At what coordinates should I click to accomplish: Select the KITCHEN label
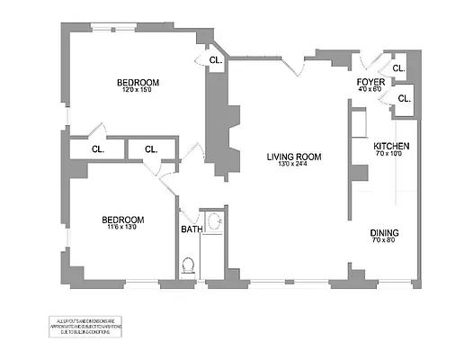click(392, 146)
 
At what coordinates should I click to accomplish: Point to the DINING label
click(384, 233)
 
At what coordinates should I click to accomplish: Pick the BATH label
click(192, 229)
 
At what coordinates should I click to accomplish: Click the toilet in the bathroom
click(188, 265)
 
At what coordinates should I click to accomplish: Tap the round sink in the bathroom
click(215, 221)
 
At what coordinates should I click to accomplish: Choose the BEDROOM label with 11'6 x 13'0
click(121, 220)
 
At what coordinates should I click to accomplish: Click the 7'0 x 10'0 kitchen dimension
click(392, 154)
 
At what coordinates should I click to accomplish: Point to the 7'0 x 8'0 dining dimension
click(384, 241)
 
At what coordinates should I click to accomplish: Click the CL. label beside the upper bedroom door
click(215, 60)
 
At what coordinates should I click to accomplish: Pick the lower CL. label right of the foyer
click(404, 97)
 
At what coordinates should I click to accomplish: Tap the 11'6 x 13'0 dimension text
click(121, 228)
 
